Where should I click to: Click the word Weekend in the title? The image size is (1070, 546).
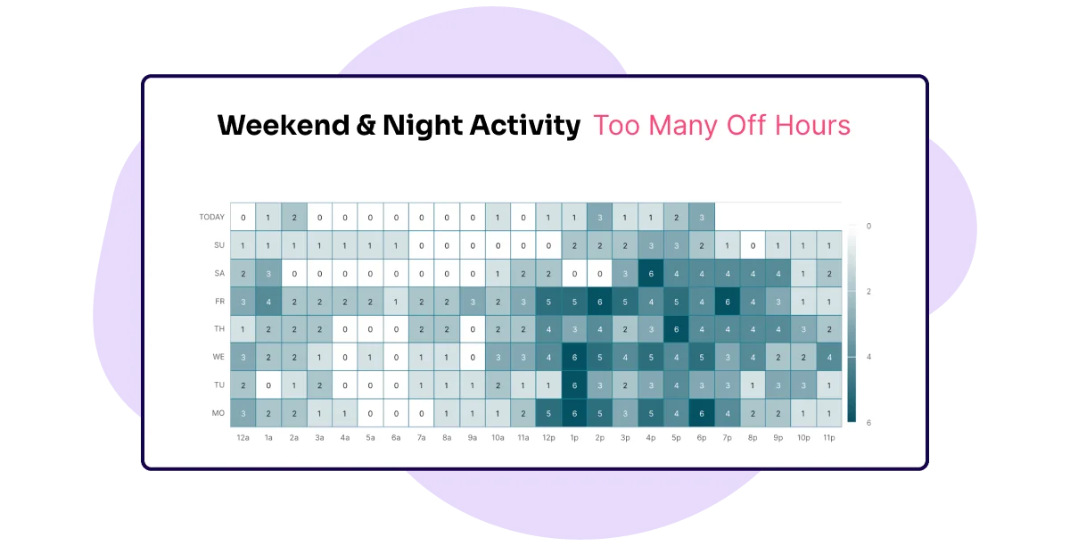(x=284, y=125)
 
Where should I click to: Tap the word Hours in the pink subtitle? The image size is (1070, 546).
(x=812, y=125)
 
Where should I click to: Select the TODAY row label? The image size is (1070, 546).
(x=211, y=217)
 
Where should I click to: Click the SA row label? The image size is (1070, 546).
(x=219, y=274)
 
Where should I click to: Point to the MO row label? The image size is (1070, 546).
(x=218, y=413)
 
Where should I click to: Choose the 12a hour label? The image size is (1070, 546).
(x=243, y=437)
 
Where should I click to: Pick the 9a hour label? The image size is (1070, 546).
(x=473, y=437)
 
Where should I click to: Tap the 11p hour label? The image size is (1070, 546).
(x=828, y=437)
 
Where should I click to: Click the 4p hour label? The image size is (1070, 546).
(x=651, y=437)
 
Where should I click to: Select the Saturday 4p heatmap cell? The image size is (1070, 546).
(x=651, y=274)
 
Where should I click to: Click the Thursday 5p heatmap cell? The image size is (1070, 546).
(x=676, y=329)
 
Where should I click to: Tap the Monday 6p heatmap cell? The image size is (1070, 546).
(x=702, y=413)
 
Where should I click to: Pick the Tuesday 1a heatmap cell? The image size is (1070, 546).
(x=268, y=385)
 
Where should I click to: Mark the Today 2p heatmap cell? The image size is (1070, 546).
(x=600, y=217)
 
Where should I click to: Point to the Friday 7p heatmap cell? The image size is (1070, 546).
(x=727, y=302)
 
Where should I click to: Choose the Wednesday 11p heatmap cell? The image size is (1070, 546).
(x=828, y=357)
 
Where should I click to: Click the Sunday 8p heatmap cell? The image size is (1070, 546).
(x=753, y=245)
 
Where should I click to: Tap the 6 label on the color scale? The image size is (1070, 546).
(x=868, y=423)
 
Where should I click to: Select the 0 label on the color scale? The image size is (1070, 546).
(x=868, y=226)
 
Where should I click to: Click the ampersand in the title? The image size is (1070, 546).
(x=366, y=125)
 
